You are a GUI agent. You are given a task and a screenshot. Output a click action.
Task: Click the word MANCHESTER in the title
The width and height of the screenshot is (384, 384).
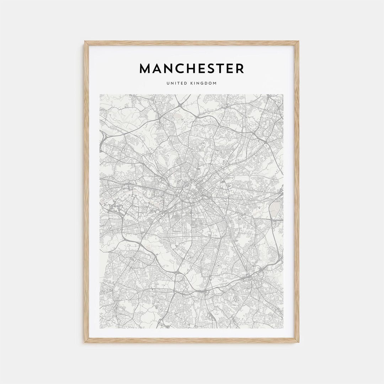click(x=192, y=68)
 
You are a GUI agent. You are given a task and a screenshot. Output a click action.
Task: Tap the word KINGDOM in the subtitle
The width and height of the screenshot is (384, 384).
click(x=203, y=83)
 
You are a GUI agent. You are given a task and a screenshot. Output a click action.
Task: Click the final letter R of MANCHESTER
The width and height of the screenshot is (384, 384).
click(x=240, y=68)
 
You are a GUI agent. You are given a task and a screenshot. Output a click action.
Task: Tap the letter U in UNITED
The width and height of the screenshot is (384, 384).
click(x=167, y=83)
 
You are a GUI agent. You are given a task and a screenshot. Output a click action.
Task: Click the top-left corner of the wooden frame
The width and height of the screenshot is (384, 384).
click(x=85, y=42)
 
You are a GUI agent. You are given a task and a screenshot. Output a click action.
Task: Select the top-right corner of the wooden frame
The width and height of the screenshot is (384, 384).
click(x=299, y=42)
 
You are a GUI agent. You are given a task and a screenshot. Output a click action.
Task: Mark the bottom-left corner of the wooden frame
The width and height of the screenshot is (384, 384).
click(x=85, y=342)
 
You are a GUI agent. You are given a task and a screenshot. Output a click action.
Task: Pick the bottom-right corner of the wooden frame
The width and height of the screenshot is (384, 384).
click(x=299, y=342)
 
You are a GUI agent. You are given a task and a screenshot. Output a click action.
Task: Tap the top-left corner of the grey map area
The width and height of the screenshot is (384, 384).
click(x=100, y=95)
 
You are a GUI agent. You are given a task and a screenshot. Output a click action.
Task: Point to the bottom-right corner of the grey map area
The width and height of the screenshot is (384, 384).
click(x=283, y=328)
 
